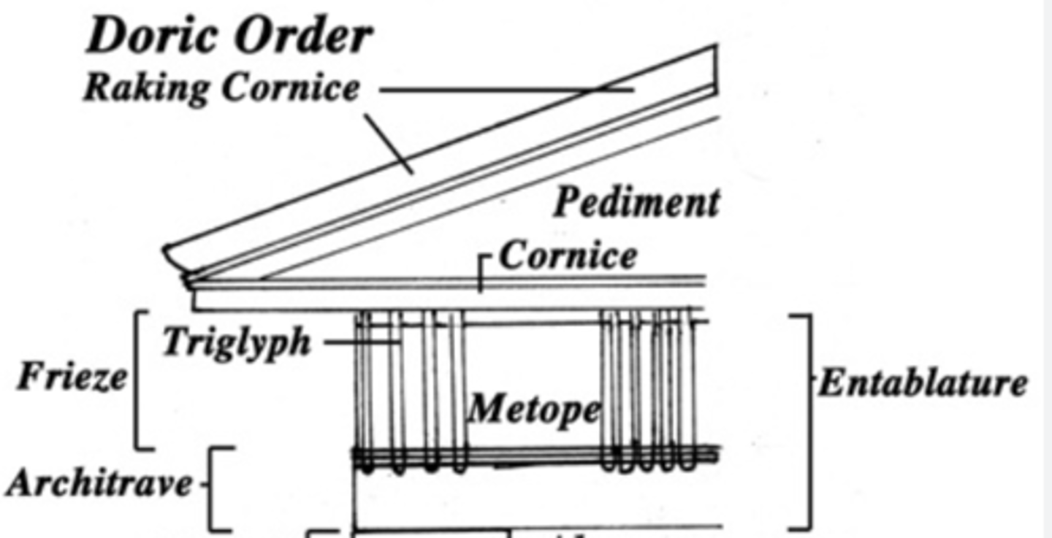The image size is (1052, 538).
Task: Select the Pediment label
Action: point(636,202)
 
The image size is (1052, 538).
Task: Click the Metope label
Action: point(534,410)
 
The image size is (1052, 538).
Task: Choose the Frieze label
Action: point(72,377)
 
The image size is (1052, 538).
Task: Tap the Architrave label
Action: point(99,483)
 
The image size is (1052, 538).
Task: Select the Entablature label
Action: point(922,383)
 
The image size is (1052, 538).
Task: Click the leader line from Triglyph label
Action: point(362,341)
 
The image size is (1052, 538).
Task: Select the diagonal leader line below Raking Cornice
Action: point(389,144)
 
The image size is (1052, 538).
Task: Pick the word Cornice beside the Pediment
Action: point(568,255)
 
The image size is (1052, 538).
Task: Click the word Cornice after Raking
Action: point(291,88)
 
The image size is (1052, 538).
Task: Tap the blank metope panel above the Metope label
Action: point(533,358)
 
